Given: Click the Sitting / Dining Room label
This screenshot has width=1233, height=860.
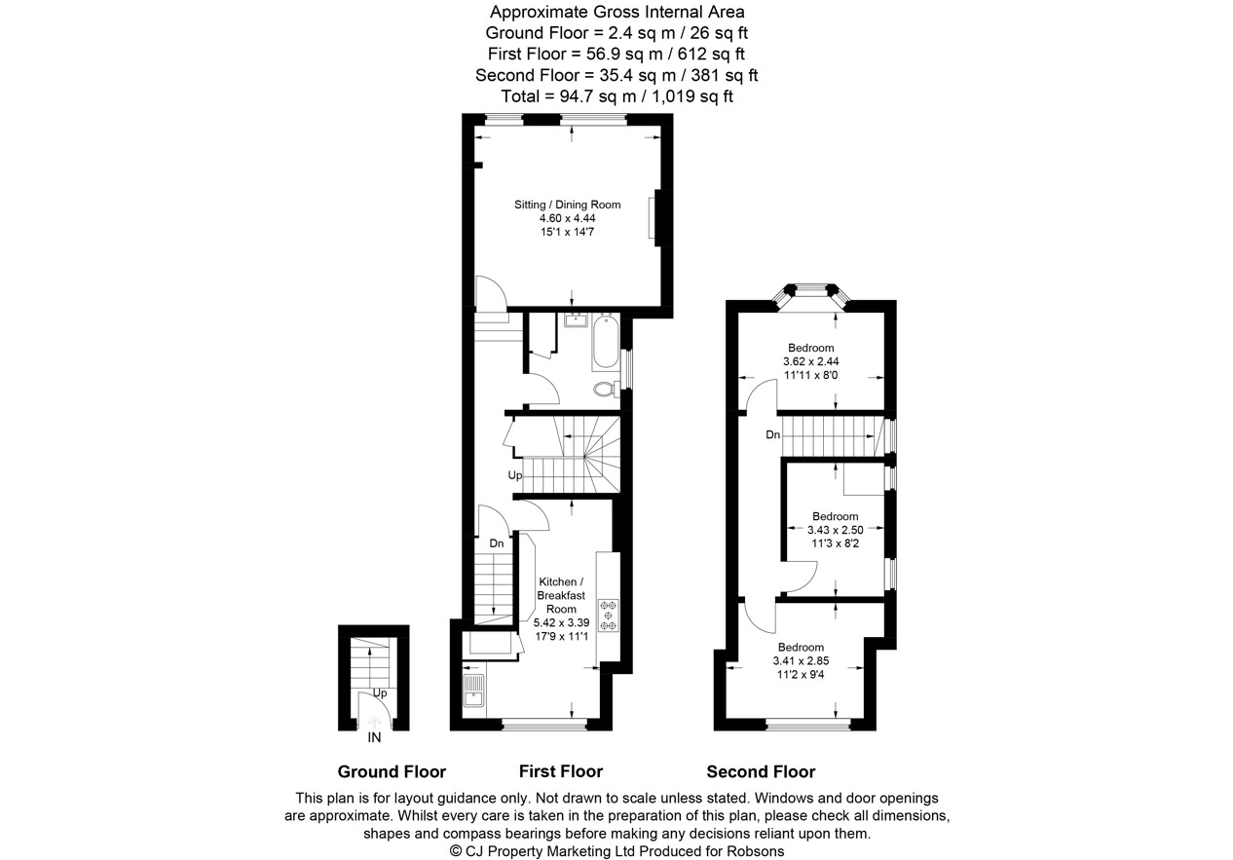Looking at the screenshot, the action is (567, 205).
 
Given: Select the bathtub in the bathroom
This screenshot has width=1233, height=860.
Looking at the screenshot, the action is (606, 341).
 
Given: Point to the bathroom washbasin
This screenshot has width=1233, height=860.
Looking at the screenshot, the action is (577, 319).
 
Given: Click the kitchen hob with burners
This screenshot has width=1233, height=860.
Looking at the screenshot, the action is (609, 615).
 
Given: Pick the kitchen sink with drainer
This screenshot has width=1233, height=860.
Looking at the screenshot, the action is (473, 691).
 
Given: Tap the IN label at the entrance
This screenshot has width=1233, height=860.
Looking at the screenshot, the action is (374, 738).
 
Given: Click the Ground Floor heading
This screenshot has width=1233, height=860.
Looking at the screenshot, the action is (392, 772).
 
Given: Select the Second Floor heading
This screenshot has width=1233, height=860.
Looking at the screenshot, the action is (761, 772).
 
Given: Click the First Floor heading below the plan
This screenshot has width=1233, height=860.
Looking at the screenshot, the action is (561, 771).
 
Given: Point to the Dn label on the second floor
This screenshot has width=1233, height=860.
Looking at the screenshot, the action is (773, 435).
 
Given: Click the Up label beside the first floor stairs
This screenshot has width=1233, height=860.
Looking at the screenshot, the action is (514, 475).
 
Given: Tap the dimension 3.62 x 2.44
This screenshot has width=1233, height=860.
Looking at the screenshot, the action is (811, 361).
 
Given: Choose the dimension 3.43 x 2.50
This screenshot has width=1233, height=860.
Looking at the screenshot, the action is (835, 530).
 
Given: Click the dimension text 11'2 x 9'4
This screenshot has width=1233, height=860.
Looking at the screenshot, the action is (801, 674).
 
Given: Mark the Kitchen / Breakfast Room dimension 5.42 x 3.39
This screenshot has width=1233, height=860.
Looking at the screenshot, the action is (561, 623).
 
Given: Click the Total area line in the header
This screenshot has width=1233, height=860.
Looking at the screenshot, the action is (617, 96).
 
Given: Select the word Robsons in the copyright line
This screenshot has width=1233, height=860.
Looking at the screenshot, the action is (756, 851).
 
